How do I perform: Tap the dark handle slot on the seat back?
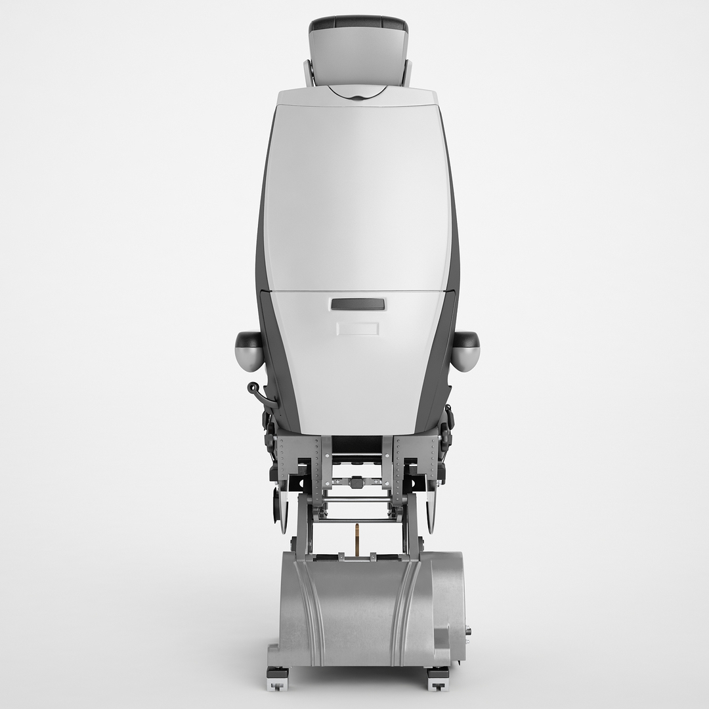point(358,304)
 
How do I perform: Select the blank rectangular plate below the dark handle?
point(358,328)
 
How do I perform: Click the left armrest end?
point(249,350)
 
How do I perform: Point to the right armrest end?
point(465,350)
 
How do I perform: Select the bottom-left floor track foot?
point(276,679)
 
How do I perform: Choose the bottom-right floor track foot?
point(439,679)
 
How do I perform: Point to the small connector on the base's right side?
point(468,632)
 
